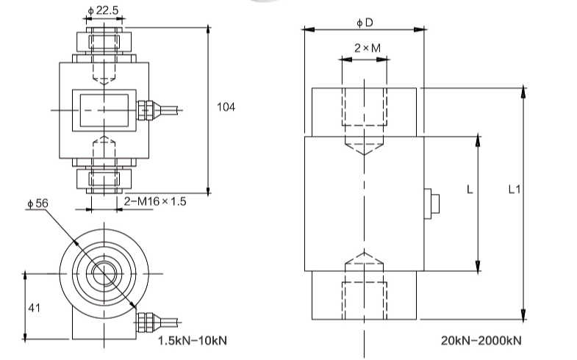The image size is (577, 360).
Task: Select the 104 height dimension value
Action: [x=226, y=107]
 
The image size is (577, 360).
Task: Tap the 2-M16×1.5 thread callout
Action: [x=156, y=201]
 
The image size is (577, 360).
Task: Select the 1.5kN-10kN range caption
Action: [x=193, y=341]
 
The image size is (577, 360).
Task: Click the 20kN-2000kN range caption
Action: [x=482, y=341]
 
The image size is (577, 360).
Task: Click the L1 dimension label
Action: [x=515, y=190]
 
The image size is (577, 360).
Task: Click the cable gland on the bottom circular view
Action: [x=145, y=320]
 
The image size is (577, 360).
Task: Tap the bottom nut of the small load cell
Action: [x=103, y=178]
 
